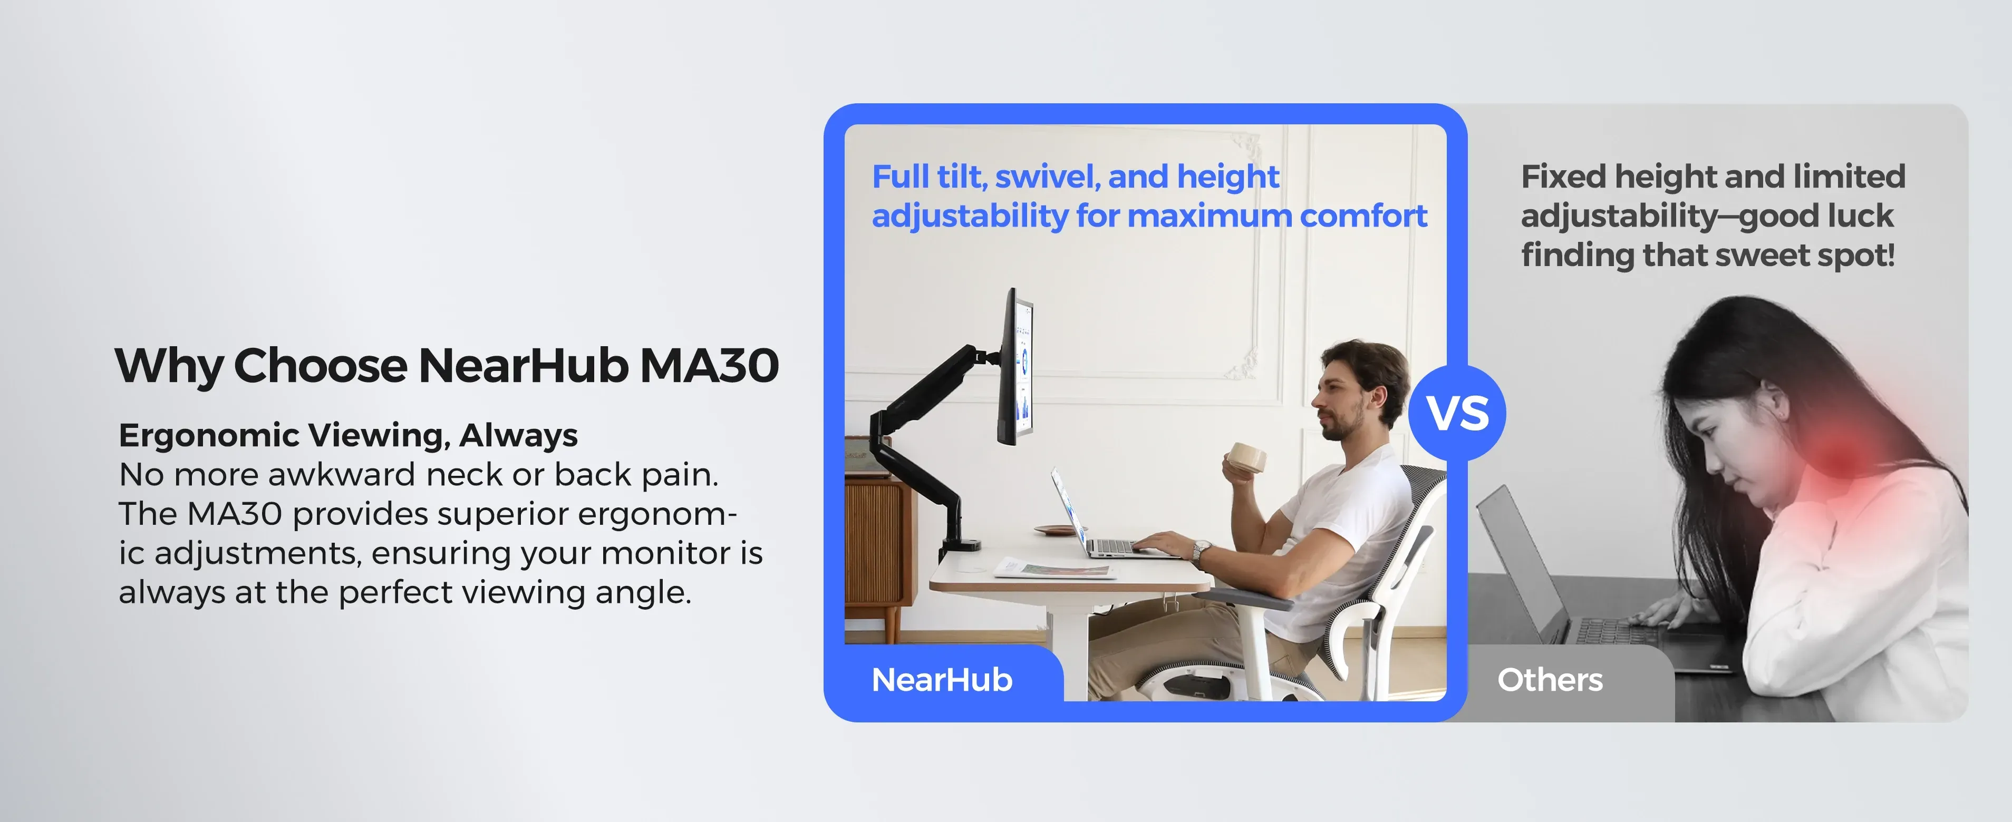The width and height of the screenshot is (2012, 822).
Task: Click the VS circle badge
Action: coord(1457,413)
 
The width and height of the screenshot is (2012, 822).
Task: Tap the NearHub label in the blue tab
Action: coord(942,680)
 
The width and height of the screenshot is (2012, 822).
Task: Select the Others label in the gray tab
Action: coord(1550,680)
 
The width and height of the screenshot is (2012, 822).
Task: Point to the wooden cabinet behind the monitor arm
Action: coord(879,546)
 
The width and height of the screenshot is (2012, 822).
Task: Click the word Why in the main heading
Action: coord(168,366)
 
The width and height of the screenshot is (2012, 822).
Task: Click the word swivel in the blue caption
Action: coord(1048,177)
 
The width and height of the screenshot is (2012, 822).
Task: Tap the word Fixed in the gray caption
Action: coord(1564,177)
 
